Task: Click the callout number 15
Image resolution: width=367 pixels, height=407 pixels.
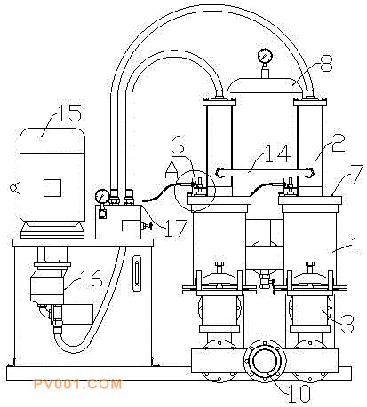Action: point(69,113)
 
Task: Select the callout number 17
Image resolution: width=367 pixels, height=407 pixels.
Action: point(175,228)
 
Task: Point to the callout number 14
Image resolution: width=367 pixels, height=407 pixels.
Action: point(277,153)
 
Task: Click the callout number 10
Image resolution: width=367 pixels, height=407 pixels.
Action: point(299,394)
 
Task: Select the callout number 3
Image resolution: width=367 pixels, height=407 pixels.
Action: point(347,324)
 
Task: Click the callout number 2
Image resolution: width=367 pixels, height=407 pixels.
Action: point(339,144)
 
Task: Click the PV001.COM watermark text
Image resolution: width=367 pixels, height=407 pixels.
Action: point(77,384)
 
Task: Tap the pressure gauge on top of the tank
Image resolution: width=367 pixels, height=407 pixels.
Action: point(265,56)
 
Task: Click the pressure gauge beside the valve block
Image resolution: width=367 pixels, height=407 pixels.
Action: point(102,196)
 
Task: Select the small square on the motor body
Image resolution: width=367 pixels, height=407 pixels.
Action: point(52,188)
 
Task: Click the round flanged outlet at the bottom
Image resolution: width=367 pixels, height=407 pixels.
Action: point(265,361)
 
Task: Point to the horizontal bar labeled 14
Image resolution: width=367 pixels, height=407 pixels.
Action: point(265,173)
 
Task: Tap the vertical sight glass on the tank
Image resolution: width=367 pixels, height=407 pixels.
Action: point(137,273)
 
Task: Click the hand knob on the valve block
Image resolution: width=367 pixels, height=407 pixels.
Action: point(148,225)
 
